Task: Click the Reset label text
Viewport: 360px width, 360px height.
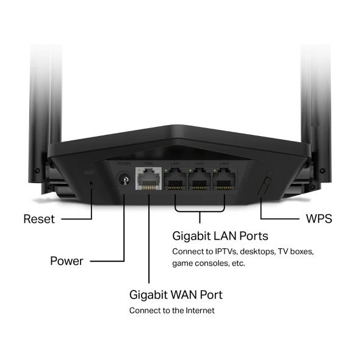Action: tap(38, 218)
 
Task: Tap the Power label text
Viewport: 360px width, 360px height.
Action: tap(66, 261)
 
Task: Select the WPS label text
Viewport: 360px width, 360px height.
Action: tap(318, 218)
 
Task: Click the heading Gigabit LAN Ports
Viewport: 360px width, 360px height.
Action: tap(220, 236)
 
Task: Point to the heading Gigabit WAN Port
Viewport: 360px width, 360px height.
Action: tap(176, 295)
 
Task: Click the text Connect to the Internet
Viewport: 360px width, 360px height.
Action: tap(171, 311)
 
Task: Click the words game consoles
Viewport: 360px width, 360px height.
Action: tap(200, 264)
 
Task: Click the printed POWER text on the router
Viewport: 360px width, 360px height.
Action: tap(124, 163)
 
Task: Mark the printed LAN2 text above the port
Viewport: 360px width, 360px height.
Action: tap(200, 163)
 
